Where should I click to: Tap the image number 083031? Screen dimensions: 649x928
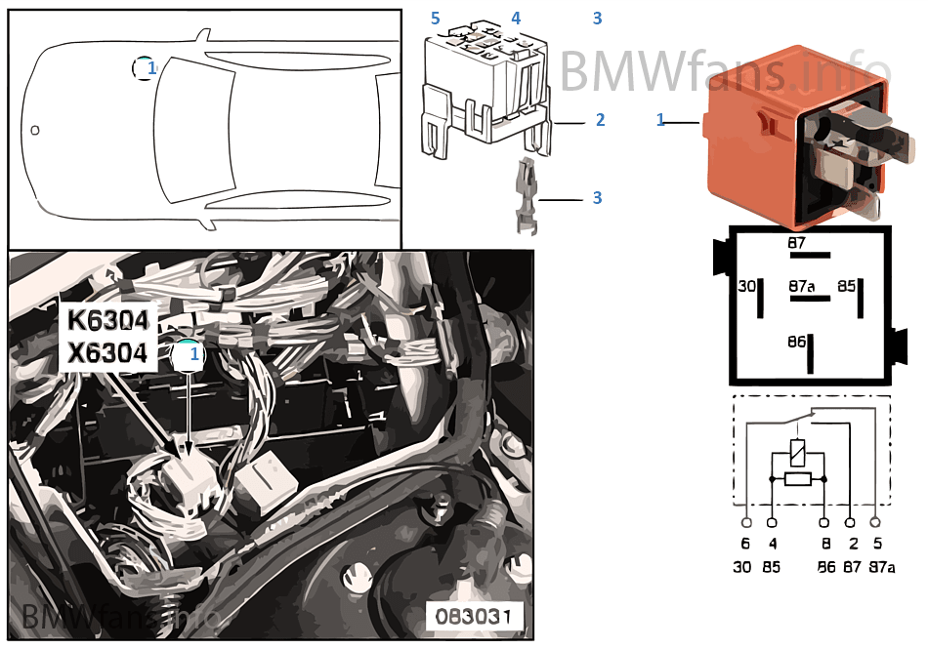473,616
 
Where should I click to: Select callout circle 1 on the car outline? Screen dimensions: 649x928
145,68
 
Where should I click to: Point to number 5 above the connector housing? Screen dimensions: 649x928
436,19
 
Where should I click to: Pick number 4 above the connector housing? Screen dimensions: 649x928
516,19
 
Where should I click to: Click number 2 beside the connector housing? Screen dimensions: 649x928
600,120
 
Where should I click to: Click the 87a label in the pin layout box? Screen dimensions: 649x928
801,287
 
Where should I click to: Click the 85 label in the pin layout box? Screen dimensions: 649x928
845,287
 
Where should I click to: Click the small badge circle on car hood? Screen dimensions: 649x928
35,130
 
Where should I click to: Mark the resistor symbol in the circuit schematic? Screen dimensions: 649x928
798,478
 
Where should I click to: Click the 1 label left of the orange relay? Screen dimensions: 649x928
660,120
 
